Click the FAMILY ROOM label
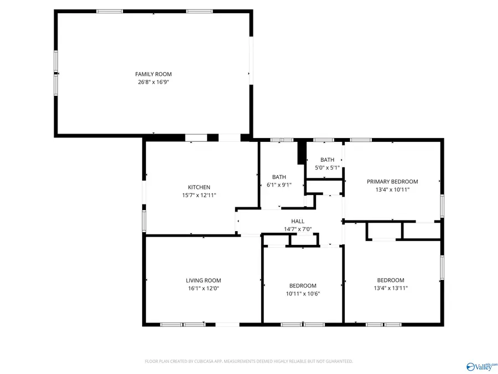point(153,74)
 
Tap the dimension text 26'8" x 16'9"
point(153,82)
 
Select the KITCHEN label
point(199,187)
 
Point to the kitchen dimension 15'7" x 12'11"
point(199,195)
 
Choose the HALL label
point(298,221)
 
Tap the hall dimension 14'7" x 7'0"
point(298,229)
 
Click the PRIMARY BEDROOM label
point(392,182)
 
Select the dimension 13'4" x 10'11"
point(392,189)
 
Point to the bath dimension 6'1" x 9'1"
point(279,185)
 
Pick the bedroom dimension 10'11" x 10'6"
point(303,294)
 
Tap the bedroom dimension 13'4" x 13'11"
point(391,288)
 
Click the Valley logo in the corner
point(481,366)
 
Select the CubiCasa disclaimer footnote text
point(248,361)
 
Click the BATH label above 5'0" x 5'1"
point(327,160)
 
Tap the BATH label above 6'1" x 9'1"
point(279,177)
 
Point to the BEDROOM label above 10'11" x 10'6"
point(303,286)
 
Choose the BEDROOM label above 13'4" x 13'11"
point(391,280)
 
